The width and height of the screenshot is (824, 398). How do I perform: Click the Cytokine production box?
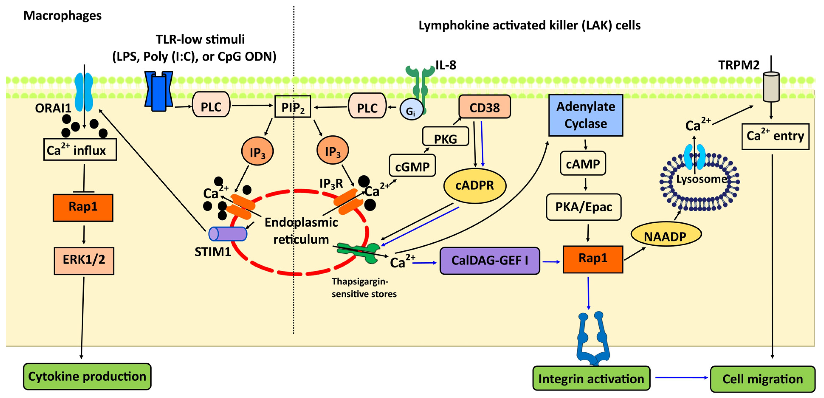(87, 376)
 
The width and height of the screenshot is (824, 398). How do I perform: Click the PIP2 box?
(293, 107)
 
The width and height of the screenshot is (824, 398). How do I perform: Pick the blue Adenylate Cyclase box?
(585, 115)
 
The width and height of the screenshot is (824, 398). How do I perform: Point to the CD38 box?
(484, 107)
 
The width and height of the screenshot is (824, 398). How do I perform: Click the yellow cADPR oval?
(475, 185)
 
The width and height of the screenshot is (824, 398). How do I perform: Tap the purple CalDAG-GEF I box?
(489, 260)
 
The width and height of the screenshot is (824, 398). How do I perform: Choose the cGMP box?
(412, 166)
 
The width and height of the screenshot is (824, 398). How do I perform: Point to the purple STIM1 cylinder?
(228, 234)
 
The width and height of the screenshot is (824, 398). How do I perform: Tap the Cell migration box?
(763, 379)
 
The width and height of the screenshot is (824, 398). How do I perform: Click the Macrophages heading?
(62, 15)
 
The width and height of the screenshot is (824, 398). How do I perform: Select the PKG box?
(445, 137)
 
